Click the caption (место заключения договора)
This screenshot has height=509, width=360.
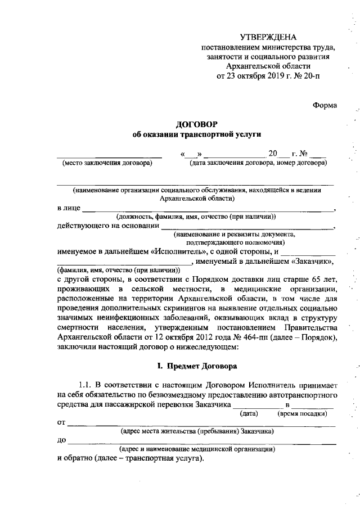point(107,164)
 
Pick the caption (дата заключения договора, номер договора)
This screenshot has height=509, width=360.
point(258,164)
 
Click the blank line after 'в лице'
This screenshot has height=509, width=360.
point(208,210)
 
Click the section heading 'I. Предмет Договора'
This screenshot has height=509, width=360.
point(196,367)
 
